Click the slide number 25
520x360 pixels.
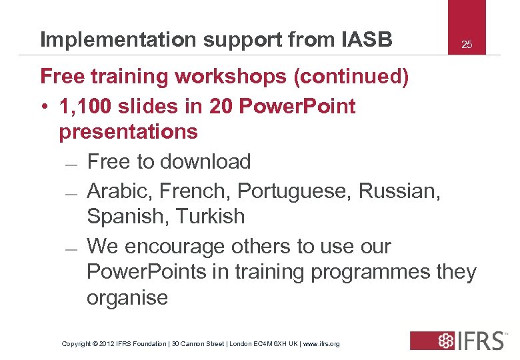coord(467,45)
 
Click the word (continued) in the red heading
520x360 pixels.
coord(351,77)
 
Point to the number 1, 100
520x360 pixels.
coord(87,106)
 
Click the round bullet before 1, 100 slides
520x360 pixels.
coord(43,107)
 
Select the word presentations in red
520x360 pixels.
coord(129,131)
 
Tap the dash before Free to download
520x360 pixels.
coord(73,164)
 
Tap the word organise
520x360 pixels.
coord(127,297)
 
